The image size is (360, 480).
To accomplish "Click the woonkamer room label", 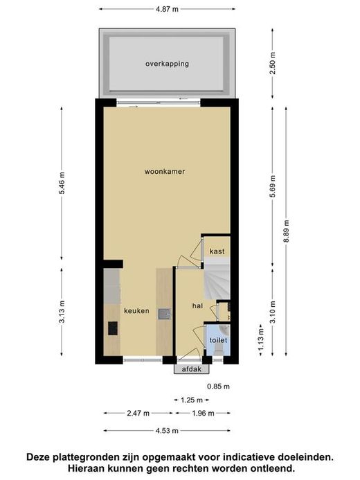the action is (165, 172).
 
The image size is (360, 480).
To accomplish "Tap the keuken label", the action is (136, 311).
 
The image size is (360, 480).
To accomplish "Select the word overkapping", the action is (167, 64).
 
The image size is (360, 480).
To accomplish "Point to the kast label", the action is (217, 251).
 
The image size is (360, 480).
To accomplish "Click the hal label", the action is (197, 305).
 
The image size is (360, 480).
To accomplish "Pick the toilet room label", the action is (218, 340).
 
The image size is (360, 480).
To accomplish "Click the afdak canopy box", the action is (192, 369).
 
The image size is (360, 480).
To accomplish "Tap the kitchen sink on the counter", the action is (164, 314).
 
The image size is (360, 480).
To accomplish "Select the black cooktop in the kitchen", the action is (113, 328).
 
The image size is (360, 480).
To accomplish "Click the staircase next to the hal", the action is (217, 278).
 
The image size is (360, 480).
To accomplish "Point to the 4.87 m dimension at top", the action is (167, 9).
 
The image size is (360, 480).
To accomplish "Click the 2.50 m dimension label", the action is (273, 63).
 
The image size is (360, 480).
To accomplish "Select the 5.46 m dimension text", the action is (62, 183).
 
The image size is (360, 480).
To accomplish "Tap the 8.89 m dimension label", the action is (287, 231).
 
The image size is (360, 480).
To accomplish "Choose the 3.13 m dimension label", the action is (62, 312).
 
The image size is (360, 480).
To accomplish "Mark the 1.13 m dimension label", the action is (260, 340).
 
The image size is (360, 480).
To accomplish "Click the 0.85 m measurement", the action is (218, 386).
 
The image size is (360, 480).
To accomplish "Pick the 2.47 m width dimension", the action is (138, 414).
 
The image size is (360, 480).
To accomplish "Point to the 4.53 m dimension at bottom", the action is (167, 431).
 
